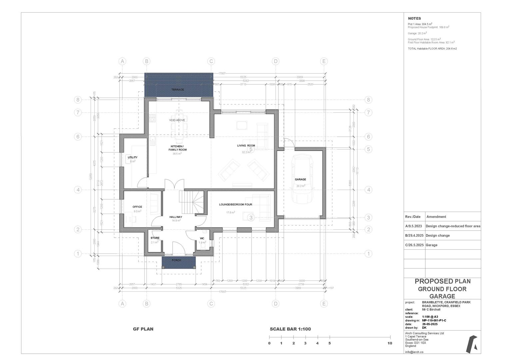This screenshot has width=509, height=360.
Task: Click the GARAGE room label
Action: [x=300, y=179]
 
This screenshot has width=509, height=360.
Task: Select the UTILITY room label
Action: [x=133, y=157]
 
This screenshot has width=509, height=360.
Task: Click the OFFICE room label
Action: [x=137, y=207]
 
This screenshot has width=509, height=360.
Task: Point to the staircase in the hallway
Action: [x=192, y=201]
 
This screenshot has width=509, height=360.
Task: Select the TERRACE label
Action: [x=178, y=90]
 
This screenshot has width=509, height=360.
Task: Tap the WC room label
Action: [x=202, y=238]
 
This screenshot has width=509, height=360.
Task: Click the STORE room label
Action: [x=155, y=238]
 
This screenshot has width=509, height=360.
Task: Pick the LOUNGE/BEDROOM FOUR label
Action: [x=236, y=204]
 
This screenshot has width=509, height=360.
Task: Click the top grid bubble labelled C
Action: [x=211, y=61]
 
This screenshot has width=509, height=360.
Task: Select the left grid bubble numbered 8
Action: [x=78, y=100]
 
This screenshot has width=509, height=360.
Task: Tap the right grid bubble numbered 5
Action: [x=368, y=149]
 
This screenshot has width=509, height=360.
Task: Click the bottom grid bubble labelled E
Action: [x=324, y=304]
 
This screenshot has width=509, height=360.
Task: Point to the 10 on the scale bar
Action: [x=390, y=343]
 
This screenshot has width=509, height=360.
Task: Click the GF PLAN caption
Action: [x=143, y=329]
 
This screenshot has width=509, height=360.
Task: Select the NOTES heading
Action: [x=414, y=19]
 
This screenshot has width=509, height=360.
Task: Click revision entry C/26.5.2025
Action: [x=414, y=245]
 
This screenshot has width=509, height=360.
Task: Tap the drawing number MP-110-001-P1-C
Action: [x=434, y=320]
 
